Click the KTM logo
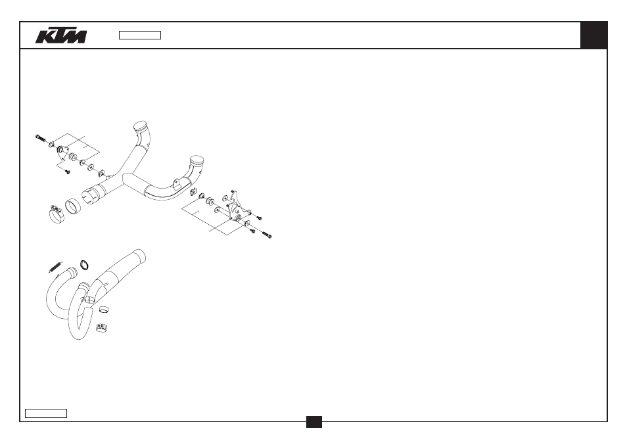tap(60, 35)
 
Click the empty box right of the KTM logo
tap(140, 35)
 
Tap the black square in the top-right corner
tap(593, 35)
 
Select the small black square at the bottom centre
tap(314, 422)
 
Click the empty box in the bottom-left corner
tap(46, 413)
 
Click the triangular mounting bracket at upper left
tap(62, 152)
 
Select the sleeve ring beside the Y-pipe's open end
tap(73, 206)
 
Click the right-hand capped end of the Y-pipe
tap(197, 162)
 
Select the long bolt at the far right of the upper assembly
tap(267, 234)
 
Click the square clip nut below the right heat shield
tap(194, 192)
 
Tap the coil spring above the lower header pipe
tap(56, 267)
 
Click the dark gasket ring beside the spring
tap(84, 265)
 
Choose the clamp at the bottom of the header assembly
tap(103, 328)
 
